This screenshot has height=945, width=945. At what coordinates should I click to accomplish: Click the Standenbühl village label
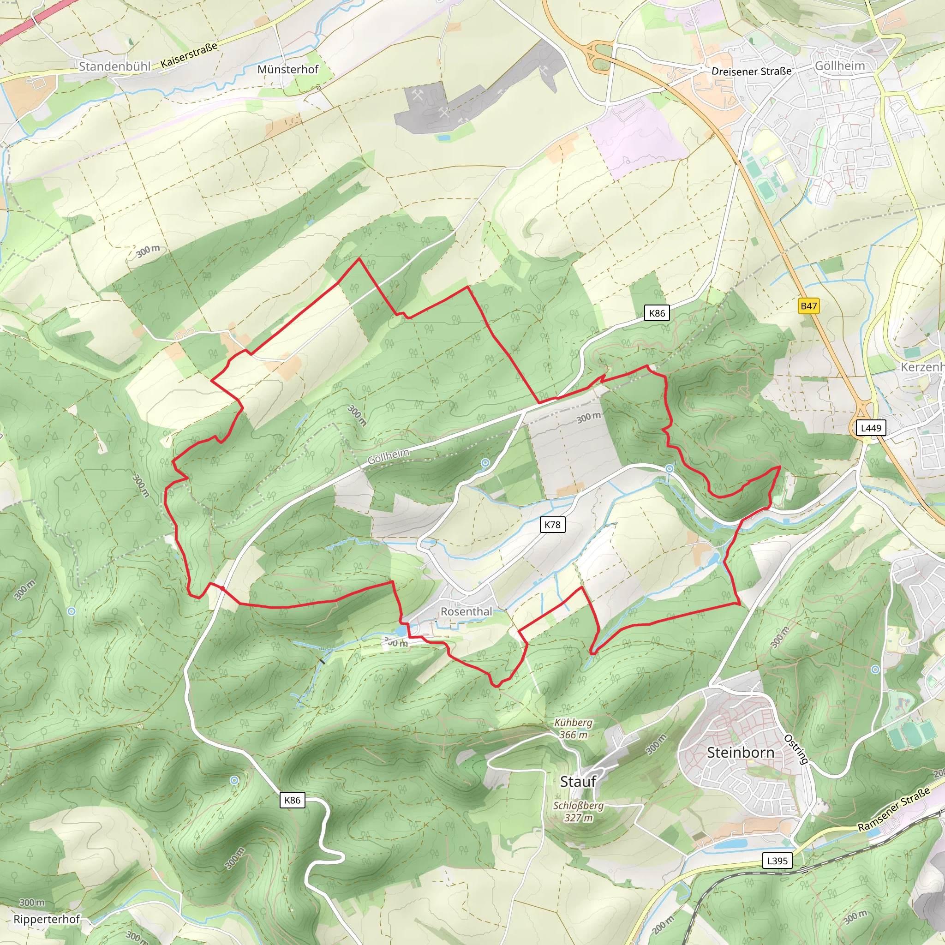tap(114, 66)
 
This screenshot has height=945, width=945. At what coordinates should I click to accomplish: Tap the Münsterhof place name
tap(287, 70)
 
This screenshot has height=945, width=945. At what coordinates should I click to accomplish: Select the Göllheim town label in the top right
tap(839, 66)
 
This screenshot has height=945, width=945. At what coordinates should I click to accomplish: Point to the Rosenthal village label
tap(466, 611)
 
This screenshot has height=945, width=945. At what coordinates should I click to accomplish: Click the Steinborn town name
tap(741, 752)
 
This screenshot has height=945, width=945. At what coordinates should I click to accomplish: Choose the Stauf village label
tap(578, 781)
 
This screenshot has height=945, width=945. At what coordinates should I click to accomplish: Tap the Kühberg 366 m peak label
tap(573, 728)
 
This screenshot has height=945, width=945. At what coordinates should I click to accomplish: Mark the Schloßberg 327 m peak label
tap(578, 812)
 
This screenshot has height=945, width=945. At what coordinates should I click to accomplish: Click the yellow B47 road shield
tap(808, 306)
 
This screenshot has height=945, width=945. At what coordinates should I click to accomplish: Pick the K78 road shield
tap(552, 525)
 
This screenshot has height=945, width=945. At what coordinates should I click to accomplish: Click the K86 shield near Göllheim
tap(657, 313)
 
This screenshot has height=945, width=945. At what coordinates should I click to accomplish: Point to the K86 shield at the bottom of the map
tap(292, 800)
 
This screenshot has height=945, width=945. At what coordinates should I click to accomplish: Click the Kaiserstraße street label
tap(189, 55)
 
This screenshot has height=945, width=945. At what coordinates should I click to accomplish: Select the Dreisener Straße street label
tap(751, 72)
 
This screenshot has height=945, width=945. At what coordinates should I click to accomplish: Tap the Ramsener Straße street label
tap(893, 809)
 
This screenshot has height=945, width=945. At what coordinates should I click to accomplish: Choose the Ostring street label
tap(796, 749)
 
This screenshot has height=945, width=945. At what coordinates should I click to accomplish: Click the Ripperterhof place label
tap(47, 919)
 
